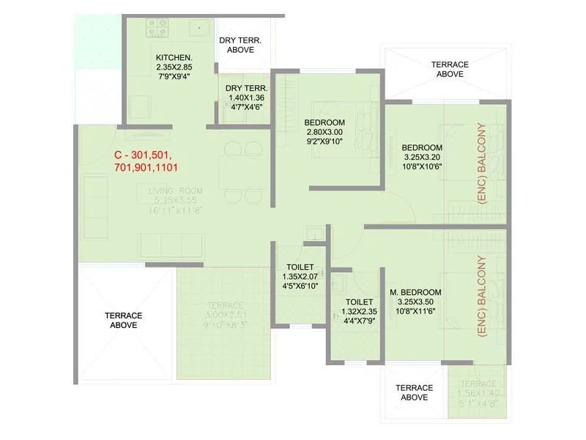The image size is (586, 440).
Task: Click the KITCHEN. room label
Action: coord(174,57)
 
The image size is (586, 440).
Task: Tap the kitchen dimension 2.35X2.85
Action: coord(174,67)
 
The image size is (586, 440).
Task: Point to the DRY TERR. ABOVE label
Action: coord(240,45)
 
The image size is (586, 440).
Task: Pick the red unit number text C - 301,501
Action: coord(142,155)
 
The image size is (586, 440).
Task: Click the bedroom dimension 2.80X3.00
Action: coord(324,132)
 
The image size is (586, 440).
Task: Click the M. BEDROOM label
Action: coord(416,291)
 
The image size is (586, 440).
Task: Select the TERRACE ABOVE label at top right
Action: coord(450,69)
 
